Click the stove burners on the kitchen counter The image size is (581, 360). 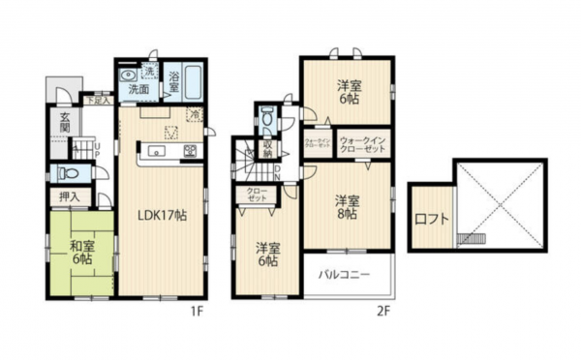pyautogui.click(x=191, y=151)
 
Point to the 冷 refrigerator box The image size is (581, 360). pyautogui.click(x=195, y=114)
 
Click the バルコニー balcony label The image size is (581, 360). pyautogui.click(x=346, y=276)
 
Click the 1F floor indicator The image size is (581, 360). pyautogui.click(x=194, y=312)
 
